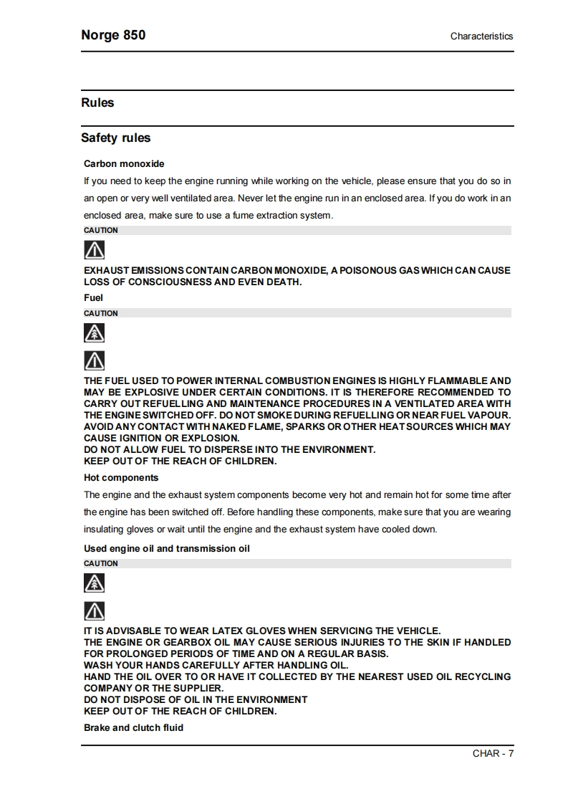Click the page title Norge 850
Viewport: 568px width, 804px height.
[x=113, y=35]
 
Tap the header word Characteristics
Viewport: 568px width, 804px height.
[x=481, y=36]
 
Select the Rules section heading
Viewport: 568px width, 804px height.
[x=97, y=102]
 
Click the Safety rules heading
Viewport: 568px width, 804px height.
[x=115, y=138]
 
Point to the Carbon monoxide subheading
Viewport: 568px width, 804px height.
[x=124, y=164]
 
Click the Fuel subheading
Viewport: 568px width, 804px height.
[x=93, y=297]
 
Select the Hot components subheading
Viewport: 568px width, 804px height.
[x=121, y=477]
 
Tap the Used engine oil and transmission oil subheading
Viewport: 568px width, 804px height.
[x=167, y=548]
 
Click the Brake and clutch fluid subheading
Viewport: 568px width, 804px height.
[x=133, y=727]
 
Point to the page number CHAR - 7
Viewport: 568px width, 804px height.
[x=493, y=753]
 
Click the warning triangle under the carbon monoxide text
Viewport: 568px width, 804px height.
[x=95, y=250]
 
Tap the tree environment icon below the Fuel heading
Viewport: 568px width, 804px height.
[x=95, y=333]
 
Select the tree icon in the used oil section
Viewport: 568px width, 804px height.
[x=95, y=583]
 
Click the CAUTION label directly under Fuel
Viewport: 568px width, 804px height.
[x=101, y=313]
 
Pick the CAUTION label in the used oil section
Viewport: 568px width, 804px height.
[x=101, y=563]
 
